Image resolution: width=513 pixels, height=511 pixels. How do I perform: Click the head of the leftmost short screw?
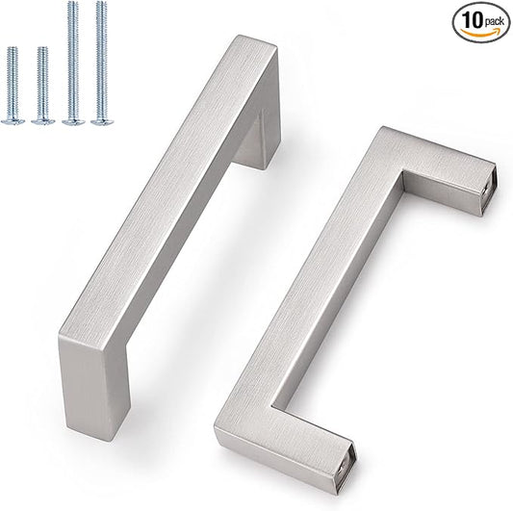[x=13, y=120]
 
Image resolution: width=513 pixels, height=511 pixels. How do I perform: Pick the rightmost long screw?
[x=100, y=63]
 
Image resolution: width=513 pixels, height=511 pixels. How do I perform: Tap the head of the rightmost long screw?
[x=100, y=121]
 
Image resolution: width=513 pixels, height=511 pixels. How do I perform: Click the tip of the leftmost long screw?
[x=72, y=6]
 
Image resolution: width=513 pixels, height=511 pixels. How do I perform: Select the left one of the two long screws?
[x=72, y=63]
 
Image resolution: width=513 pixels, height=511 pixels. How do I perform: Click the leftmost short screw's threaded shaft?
[x=13, y=82]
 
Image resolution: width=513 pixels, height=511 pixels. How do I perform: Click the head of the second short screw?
[x=42, y=120]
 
